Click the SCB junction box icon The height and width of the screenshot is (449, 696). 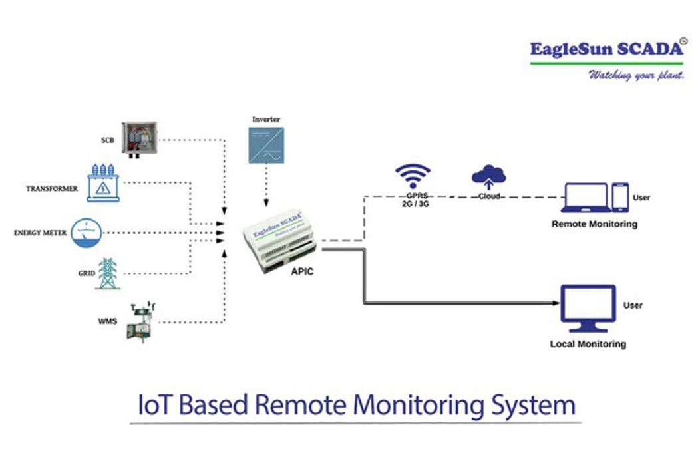(138, 140)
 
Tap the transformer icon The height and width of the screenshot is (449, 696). (102, 184)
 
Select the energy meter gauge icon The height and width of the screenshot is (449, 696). (88, 233)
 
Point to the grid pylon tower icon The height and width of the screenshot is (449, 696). (106, 273)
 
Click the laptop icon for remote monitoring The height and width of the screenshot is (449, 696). (585, 198)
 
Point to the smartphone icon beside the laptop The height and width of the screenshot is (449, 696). (620, 197)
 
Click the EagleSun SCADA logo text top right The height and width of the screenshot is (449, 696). (606, 49)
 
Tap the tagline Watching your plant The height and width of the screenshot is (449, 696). (635, 75)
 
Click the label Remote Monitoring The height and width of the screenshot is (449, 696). (594, 224)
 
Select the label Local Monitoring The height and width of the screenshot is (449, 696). (588, 344)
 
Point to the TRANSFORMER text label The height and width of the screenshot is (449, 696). (52, 189)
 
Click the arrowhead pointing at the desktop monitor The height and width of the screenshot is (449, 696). (556, 303)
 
